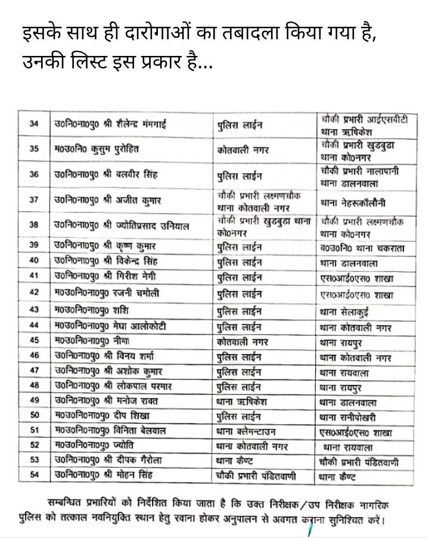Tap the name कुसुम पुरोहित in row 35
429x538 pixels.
[x=110, y=149]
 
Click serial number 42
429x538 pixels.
[x=34, y=292]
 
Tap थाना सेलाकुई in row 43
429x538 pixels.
[x=348, y=310]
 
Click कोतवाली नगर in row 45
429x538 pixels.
[x=243, y=342]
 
